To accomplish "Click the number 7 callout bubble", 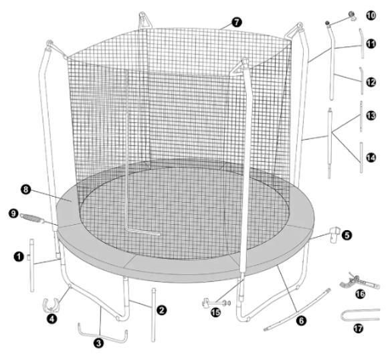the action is click(237, 22).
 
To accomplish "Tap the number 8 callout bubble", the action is click(25, 190).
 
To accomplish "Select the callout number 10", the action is click(371, 15).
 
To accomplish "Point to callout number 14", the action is click(371, 157).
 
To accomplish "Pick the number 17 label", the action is click(358, 329).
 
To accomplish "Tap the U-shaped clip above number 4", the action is click(52, 304).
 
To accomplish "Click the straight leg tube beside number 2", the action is click(153, 315).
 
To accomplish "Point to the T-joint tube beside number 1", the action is click(31, 266).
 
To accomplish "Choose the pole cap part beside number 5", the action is click(334, 234).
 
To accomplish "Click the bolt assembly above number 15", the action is click(217, 303).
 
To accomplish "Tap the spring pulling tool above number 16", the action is click(359, 282).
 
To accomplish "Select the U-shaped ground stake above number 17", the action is click(360, 314).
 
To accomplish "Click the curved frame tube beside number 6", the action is click(297, 310).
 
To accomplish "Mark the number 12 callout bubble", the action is click(371, 82).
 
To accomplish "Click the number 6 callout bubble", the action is click(301, 321).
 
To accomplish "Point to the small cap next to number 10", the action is click(352, 15).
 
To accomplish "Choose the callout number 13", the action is click(371, 115).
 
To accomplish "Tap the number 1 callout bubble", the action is click(19, 256).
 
